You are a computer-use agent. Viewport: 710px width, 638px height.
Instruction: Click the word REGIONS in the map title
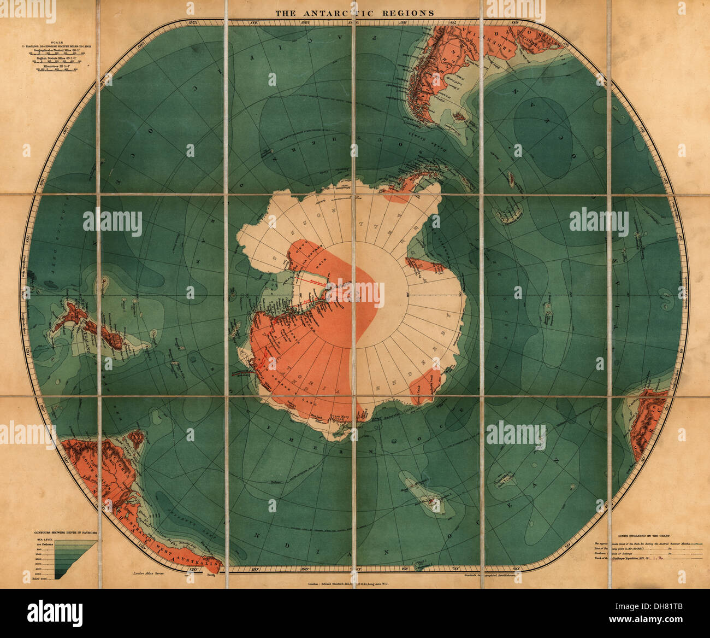tap(409, 13)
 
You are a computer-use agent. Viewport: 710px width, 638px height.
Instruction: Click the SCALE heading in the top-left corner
tap(55, 42)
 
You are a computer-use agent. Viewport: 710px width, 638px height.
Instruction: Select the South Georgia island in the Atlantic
tap(512, 178)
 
